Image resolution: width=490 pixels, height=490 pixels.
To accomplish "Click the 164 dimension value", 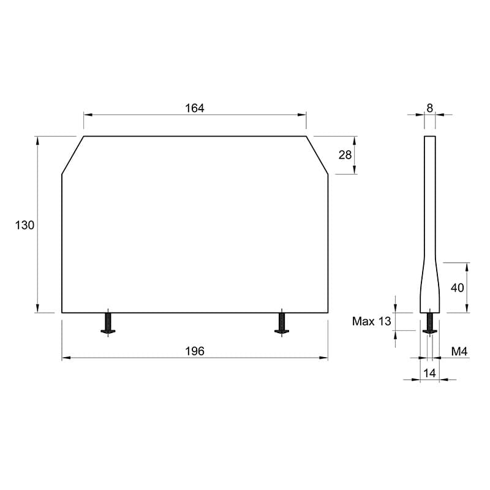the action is click(195, 108).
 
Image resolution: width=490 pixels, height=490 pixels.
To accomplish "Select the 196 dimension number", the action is click(195, 351).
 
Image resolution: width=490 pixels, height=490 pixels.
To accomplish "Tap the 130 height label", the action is click(24, 225).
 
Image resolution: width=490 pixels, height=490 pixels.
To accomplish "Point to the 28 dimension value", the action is click(345, 155).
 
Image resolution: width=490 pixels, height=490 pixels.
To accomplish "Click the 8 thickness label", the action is click(430, 108).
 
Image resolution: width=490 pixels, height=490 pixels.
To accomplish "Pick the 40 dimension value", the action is click(457, 287).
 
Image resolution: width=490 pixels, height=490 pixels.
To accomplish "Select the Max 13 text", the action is click(372, 321).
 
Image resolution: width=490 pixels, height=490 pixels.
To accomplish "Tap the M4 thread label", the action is click(459, 352).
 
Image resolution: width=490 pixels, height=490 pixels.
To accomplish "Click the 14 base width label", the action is click(429, 373).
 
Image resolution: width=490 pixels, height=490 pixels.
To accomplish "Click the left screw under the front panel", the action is click(108, 323).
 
